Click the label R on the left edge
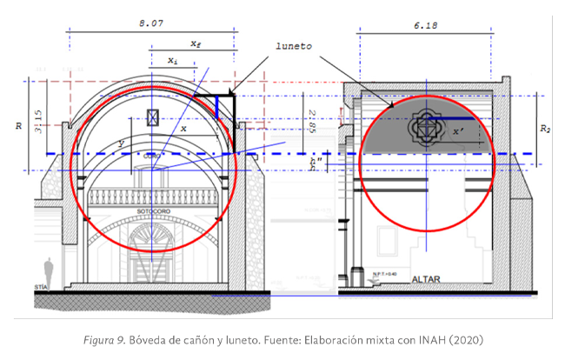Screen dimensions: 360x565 coord(19,127)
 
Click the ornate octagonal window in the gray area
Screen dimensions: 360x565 coord(425,129)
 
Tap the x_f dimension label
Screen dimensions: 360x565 coord(196,43)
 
